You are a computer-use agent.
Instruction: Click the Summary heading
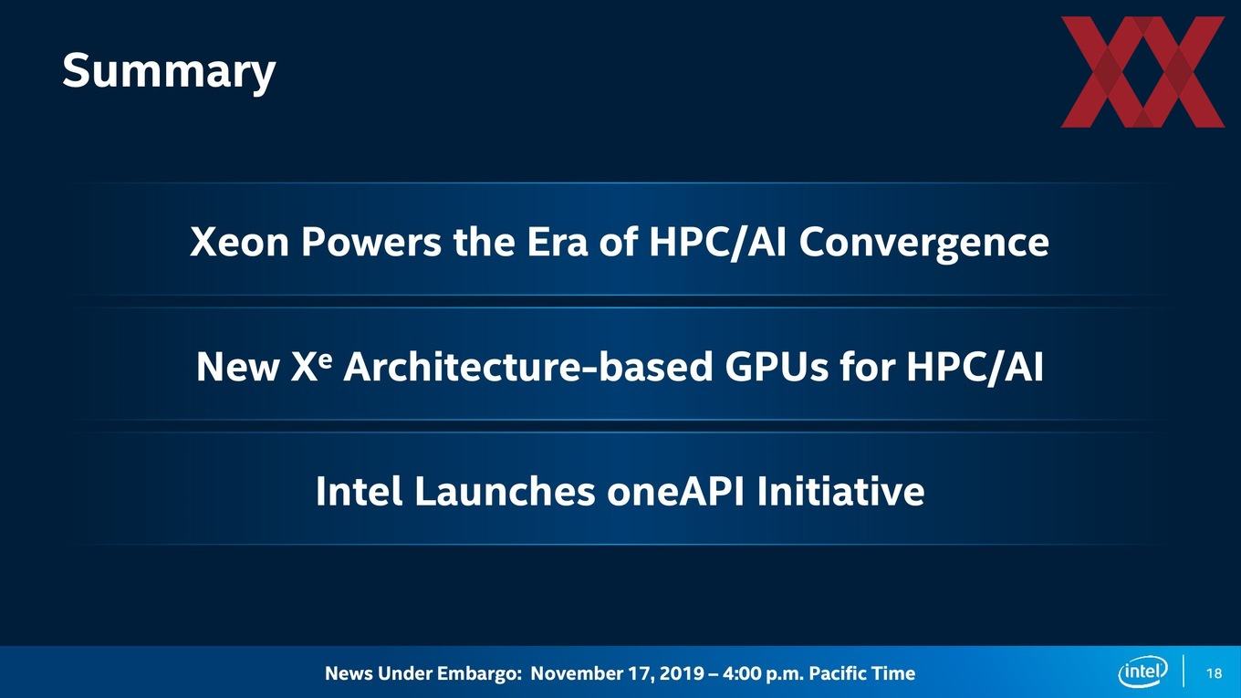[x=169, y=72]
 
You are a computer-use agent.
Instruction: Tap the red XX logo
[x=1142, y=72]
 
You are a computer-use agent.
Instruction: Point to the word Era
[x=557, y=243]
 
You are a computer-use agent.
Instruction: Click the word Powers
[x=371, y=243]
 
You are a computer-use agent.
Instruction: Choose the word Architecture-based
[x=527, y=367]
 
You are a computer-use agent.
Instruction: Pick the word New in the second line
[x=238, y=367]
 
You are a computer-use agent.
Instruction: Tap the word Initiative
[x=840, y=491]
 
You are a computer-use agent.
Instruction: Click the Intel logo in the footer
[x=1142, y=672]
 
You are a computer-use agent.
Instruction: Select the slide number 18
[x=1214, y=673]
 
